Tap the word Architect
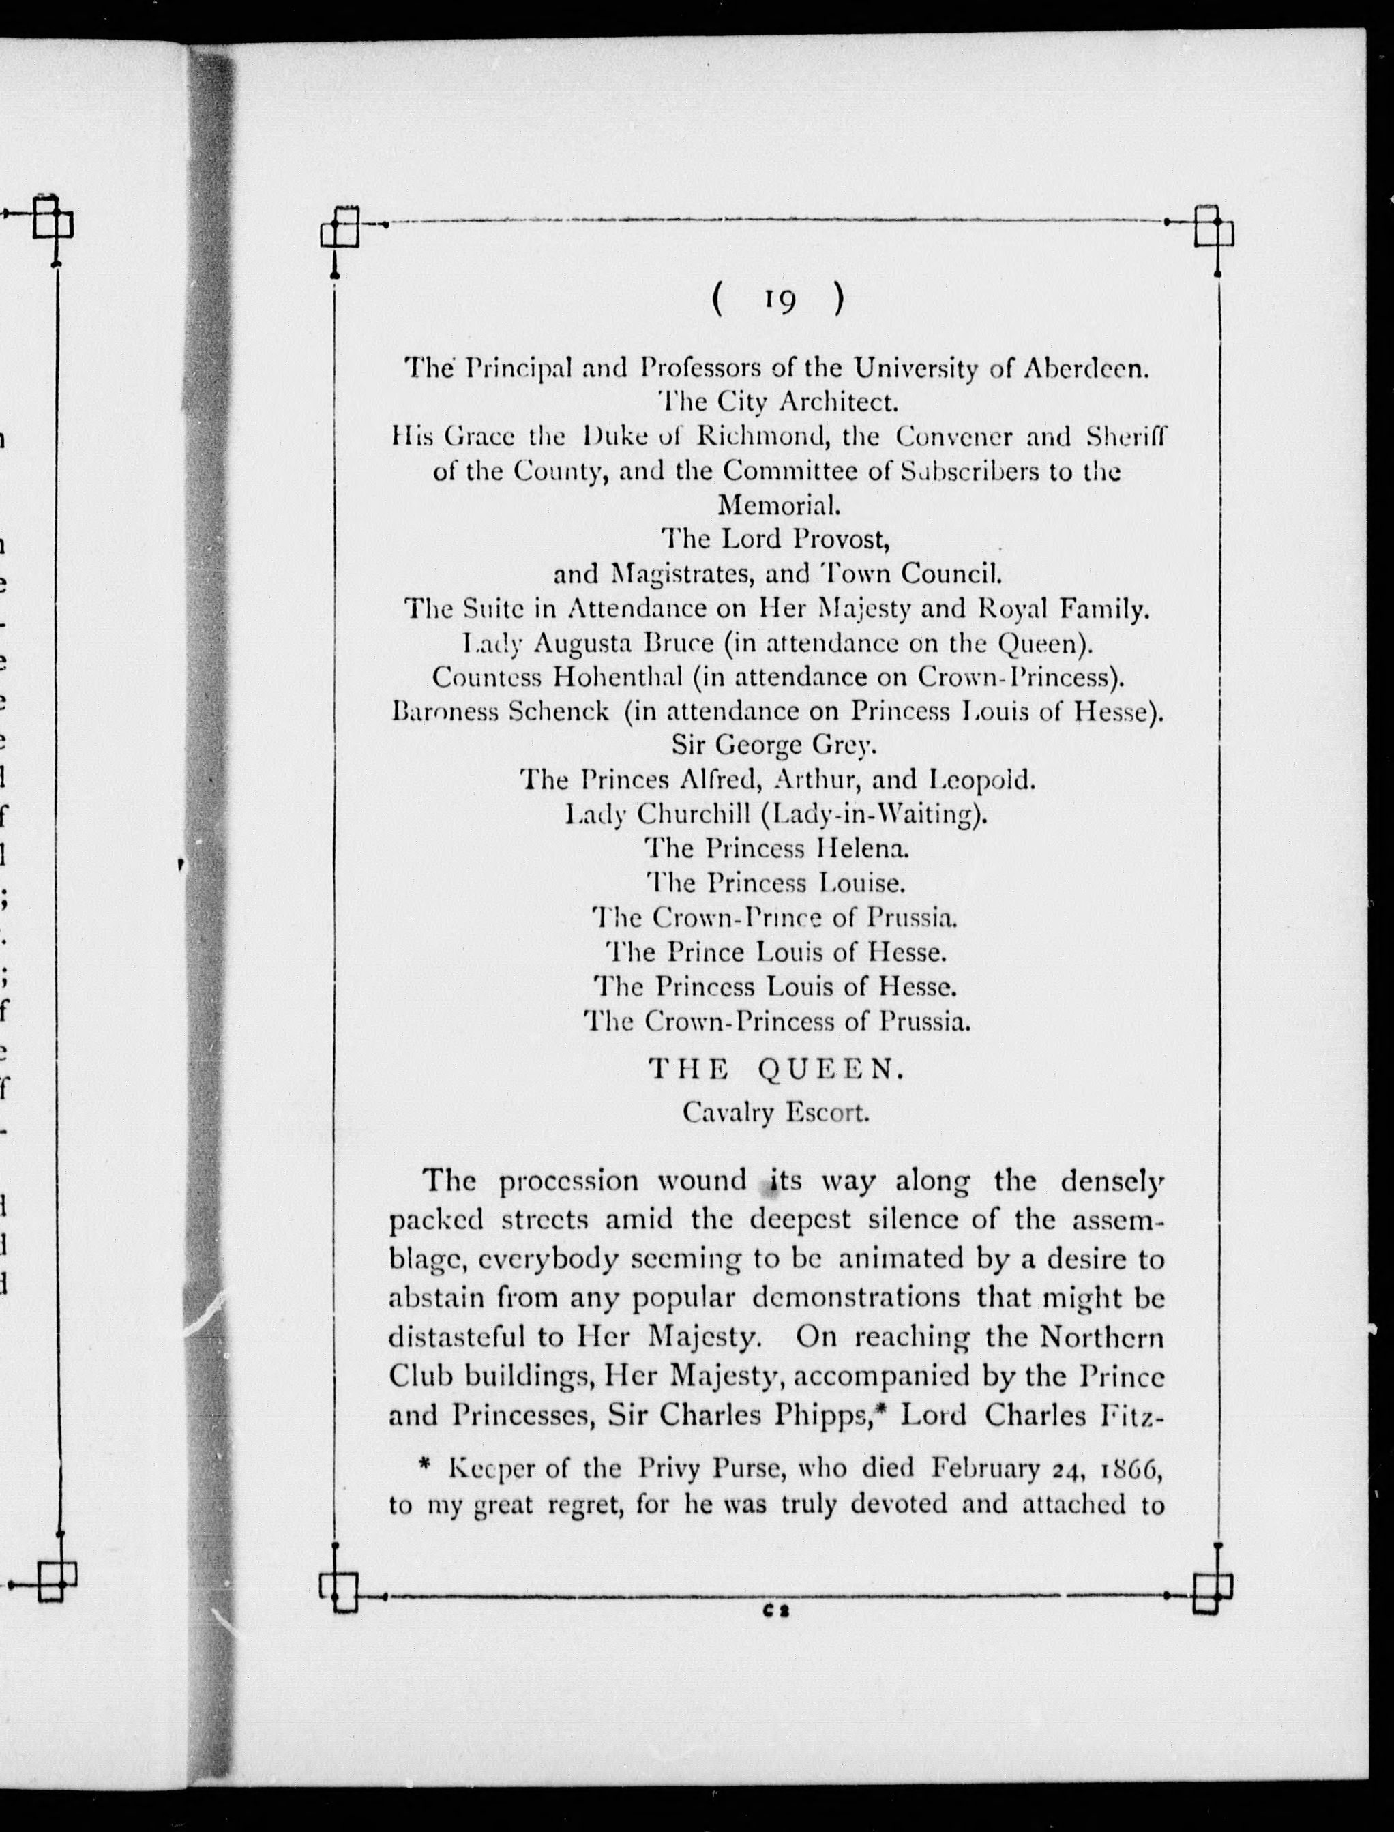[838, 403]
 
